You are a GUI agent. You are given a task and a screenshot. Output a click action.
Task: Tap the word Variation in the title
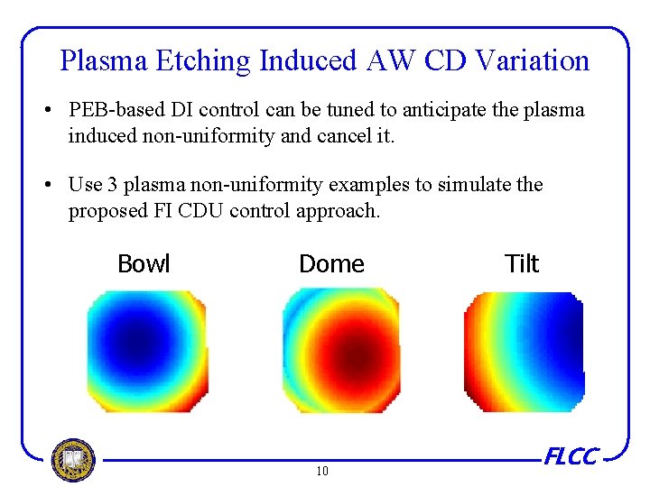pyautogui.click(x=532, y=61)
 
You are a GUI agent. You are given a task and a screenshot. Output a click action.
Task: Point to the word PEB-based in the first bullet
pyautogui.click(x=111, y=111)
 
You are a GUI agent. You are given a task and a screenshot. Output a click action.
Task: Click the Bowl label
pyautogui.click(x=144, y=264)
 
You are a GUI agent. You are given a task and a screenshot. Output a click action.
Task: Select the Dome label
pyautogui.click(x=331, y=264)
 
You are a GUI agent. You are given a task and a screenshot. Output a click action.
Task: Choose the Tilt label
pyautogui.click(x=522, y=264)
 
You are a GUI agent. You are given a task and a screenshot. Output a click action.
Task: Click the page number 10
pyautogui.click(x=322, y=471)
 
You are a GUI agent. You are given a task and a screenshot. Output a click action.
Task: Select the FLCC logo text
pyautogui.click(x=570, y=457)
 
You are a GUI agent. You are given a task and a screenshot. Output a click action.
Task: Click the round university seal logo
pyautogui.click(x=73, y=460)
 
